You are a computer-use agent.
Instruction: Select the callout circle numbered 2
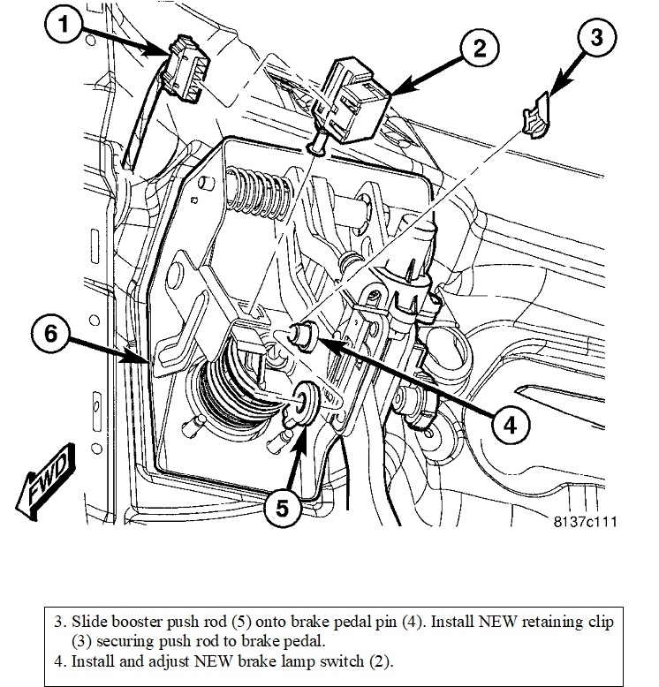point(478,49)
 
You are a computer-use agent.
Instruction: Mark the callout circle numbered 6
point(50,335)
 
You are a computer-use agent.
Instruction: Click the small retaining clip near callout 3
point(536,121)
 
